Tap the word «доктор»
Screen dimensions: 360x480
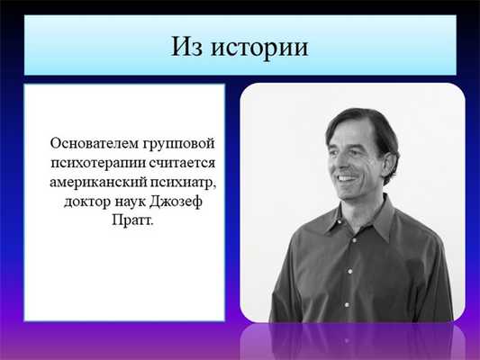(88, 200)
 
